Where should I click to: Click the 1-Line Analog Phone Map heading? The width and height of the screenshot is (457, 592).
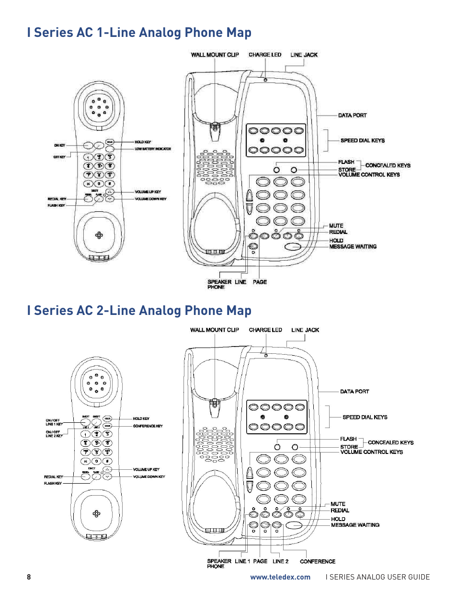[x=139, y=33]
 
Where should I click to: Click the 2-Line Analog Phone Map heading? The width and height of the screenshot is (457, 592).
[x=139, y=311]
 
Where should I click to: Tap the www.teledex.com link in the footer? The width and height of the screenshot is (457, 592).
[x=280, y=577]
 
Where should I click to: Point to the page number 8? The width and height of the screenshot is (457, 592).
[x=29, y=577]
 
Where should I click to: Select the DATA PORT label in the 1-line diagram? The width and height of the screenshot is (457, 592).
[x=352, y=116]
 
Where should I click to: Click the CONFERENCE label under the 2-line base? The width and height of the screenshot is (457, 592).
[x=318, y=561]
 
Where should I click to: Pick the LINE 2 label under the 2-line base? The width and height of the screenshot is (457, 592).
[x=280, y=561]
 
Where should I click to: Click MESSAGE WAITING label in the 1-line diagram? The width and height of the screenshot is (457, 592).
[x=353, y=246]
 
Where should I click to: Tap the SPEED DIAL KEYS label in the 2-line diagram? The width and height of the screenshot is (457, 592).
[x=365, y=417]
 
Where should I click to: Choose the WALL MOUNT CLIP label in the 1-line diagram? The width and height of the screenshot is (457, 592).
[x=215, y=55]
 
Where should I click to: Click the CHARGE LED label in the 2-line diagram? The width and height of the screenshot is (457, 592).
[x=265, y=330]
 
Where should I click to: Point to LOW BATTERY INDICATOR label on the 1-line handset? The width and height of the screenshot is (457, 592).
[x=153, y=149]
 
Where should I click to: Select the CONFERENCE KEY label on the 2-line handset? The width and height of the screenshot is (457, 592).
[x=148, y=426]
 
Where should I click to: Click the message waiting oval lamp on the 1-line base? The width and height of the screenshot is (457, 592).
[x=293, y=246]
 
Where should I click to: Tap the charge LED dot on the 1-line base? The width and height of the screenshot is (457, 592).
[x=265, y=80]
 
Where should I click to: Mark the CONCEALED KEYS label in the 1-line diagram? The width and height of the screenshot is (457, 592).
[x=388, y=165]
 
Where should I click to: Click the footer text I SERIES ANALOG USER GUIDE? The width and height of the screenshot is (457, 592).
[x=377, y=577]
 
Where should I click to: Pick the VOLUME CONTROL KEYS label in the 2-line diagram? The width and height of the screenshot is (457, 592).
[x=371, y=452]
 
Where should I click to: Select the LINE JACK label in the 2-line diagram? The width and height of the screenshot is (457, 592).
[x=305, y=330]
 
